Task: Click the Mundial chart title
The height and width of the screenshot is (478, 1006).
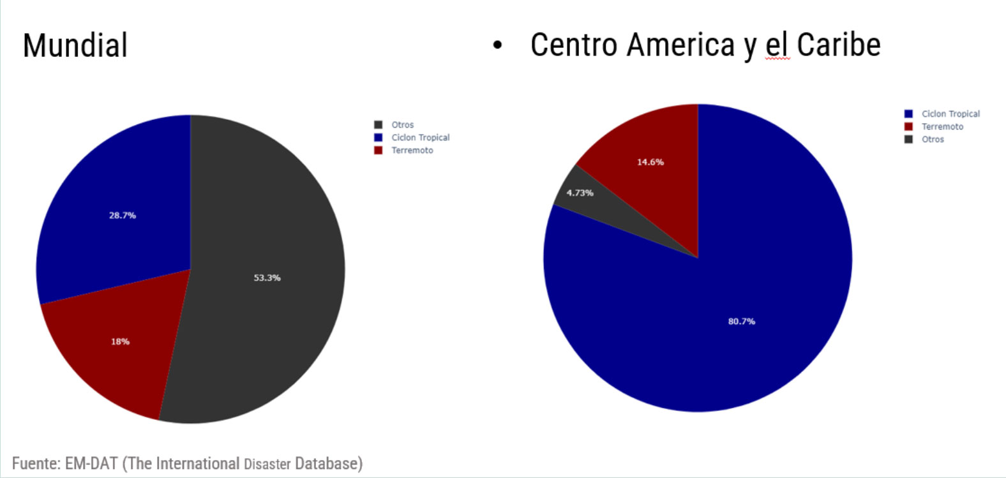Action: click(x=75, y=45)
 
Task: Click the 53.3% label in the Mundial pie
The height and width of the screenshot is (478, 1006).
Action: click(x=267, y=278)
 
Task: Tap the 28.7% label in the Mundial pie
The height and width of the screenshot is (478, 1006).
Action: click(x=122, y=216)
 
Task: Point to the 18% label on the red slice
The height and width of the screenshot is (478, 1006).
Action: click(x=120, y=341)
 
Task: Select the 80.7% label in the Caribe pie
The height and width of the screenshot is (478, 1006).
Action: click(x=741, y=322)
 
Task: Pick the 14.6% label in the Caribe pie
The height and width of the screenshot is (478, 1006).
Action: click(x=650, y=162)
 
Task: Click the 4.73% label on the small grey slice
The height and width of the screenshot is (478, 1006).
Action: click(x=580, y=193)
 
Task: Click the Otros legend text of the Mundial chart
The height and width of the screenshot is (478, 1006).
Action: click(x=402, y=125)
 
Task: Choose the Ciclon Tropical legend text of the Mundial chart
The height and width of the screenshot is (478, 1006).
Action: click(x=420, y=138)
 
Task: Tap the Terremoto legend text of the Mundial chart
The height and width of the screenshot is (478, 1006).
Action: click(x=412, y=151)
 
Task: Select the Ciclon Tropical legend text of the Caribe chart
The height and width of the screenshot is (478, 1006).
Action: click(x=950, y=114)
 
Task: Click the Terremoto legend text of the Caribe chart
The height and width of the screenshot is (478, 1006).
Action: click(x=942, y=127)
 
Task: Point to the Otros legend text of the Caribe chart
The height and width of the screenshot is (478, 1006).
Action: click(x=933, y=139)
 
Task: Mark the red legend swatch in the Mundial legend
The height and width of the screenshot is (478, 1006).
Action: click(x=378, y=151)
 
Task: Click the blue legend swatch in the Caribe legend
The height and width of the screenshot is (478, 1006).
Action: click(x=908, y=114)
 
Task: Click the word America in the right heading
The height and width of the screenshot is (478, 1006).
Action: click(x=680, y=45)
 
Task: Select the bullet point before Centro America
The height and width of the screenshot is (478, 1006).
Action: click(x=498, y=46)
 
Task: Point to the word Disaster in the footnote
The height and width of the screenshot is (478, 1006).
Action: click(x=267, y=464)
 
